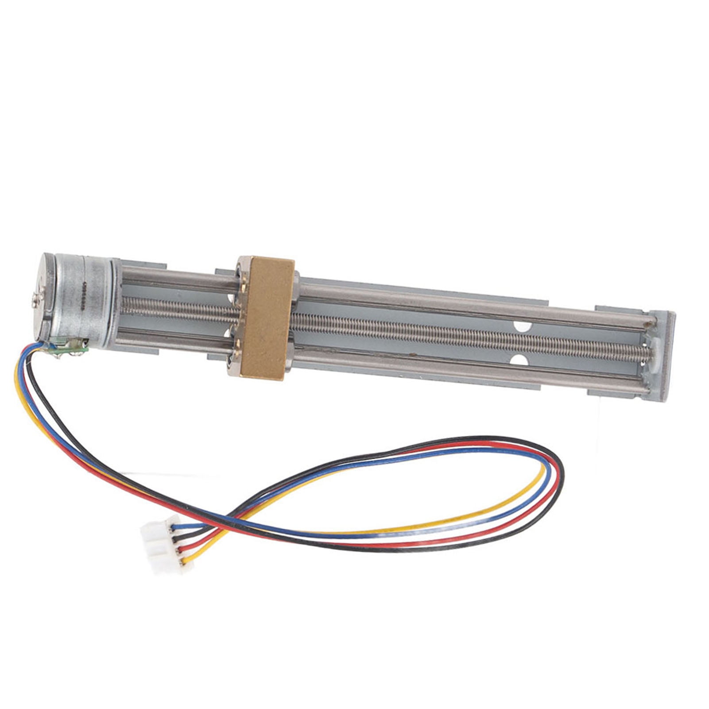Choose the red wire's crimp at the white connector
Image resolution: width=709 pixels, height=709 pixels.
click(182, 550)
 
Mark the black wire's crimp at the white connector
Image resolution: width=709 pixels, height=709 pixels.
click(179, 538)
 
